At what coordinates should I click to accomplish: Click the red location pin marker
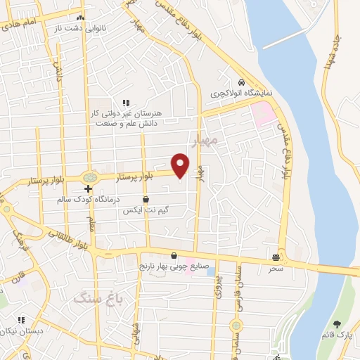pyautogui.click(x=181, y=165)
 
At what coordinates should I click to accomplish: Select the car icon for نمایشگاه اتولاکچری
pyautogui.click(x=241, y=82)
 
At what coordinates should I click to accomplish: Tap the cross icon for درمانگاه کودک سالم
pyautogui.click(x=88, y=188)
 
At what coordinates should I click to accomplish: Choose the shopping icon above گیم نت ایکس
pyautogui.click(x=146, y=200)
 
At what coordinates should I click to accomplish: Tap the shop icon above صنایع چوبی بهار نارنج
pyautogui.click(x=174, y=256)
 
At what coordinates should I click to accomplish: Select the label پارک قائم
pyautogui.click(x=339, y=335)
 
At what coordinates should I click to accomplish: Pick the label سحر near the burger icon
pyautogui.click(x=276, y=269)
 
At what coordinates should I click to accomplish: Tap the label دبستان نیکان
pyautogui.click(x=21, y=330)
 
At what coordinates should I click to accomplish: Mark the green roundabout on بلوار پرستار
pyautogui.click(x=89, y=177)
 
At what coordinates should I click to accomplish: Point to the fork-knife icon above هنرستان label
pyautogui.click(x=127, y=103)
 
